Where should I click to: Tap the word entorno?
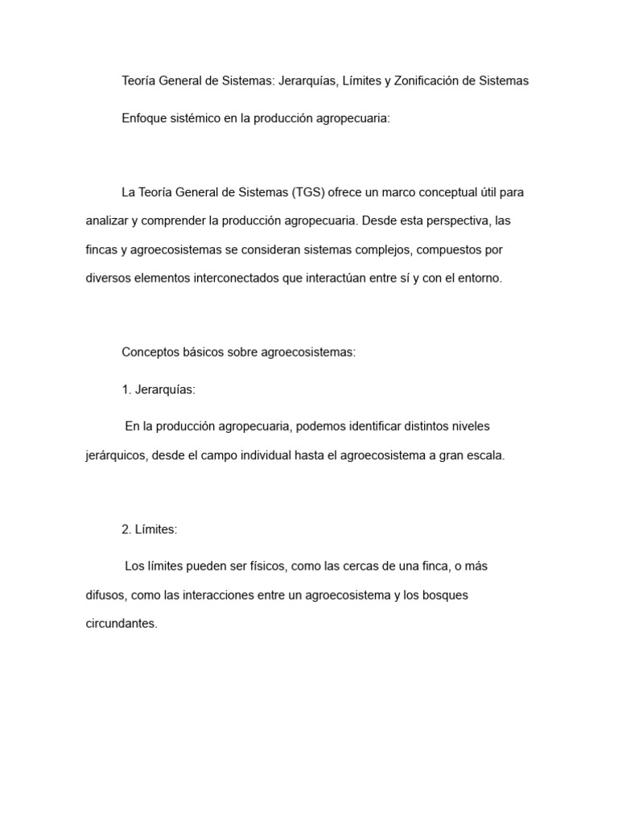[480, 278]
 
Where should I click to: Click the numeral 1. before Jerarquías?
[126, 389]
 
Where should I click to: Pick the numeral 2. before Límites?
[126, 529]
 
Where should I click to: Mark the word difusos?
[105, 595]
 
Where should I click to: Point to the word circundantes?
[122, 624]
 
